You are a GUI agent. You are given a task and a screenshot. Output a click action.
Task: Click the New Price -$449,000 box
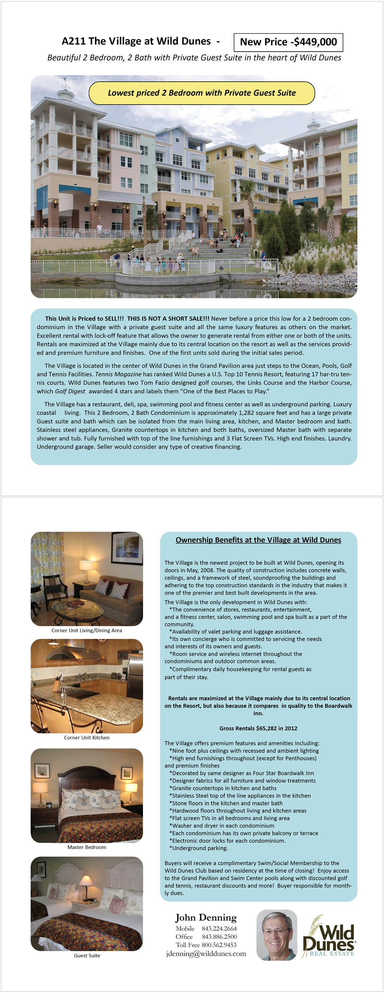point(288,42)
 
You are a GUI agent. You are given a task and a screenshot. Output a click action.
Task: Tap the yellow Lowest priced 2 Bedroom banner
point(202,93)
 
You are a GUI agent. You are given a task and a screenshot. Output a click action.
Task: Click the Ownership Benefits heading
point(258,540)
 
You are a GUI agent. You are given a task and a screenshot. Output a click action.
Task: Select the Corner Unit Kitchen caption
point(87,737)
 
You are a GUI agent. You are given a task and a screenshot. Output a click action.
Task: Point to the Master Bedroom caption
point(87,847)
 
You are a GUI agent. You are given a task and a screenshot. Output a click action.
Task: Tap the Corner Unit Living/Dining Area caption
point(87,630)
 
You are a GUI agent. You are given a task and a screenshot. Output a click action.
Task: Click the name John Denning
point(206,917)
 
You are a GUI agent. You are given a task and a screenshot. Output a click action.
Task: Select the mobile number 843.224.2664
point(219,929)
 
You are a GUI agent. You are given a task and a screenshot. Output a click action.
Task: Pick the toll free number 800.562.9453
point(219,945)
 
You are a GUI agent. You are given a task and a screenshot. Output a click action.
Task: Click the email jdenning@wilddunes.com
point(206,953)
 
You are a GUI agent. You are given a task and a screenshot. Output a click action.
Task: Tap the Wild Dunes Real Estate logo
point(329,937)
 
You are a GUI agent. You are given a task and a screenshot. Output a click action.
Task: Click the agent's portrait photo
point(277,935)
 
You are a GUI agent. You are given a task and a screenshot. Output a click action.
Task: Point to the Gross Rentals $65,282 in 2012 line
point(258,728)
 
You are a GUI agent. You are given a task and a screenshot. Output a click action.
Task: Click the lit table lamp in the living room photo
point(87,567)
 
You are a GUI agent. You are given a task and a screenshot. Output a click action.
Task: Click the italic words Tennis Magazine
point(118,374)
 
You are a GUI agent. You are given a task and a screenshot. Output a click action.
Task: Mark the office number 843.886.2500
point(219,937)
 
